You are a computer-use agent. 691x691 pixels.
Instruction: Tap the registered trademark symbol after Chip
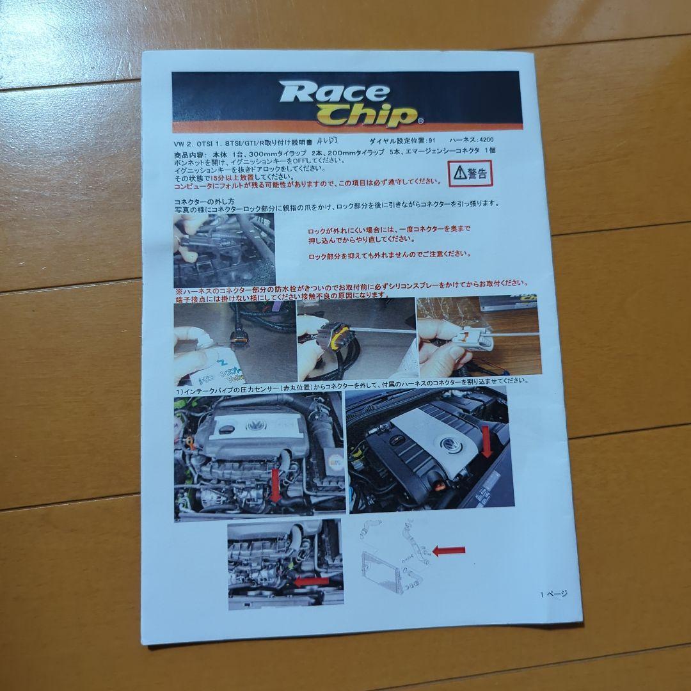click(x=420, y=120)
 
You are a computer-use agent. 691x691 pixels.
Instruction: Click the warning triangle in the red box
click(x=459, y=172)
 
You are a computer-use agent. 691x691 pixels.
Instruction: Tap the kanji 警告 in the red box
click(x=477, y=173)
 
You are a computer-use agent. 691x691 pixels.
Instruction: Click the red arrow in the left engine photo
click(x=276, y=484)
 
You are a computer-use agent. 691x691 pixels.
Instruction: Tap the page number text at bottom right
click(x=554, y=593)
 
